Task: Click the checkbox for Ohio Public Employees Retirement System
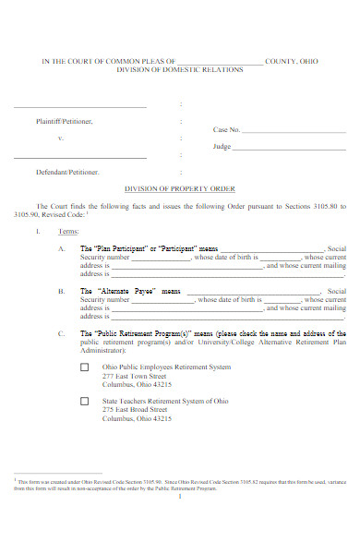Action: (84, 367)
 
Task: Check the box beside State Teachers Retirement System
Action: (84, 402)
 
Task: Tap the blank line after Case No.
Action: (294, 131)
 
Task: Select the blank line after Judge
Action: (289, 147)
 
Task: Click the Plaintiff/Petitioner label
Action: (65, 121)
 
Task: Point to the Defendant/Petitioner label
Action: (66, 173)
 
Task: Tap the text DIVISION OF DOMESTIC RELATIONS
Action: (179, 69)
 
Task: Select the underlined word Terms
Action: (68, 231)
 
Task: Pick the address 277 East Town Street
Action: (135, 377)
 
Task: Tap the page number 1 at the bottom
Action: (181, 496)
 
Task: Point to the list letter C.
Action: (61, 333)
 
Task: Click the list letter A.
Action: (61, 249)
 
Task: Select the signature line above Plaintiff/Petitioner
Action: (80, 108)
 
